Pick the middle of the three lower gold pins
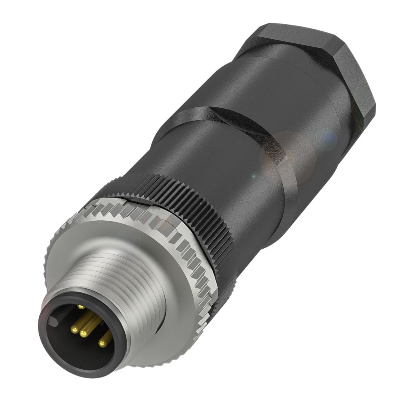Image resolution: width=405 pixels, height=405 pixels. click(x=84, y=334)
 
